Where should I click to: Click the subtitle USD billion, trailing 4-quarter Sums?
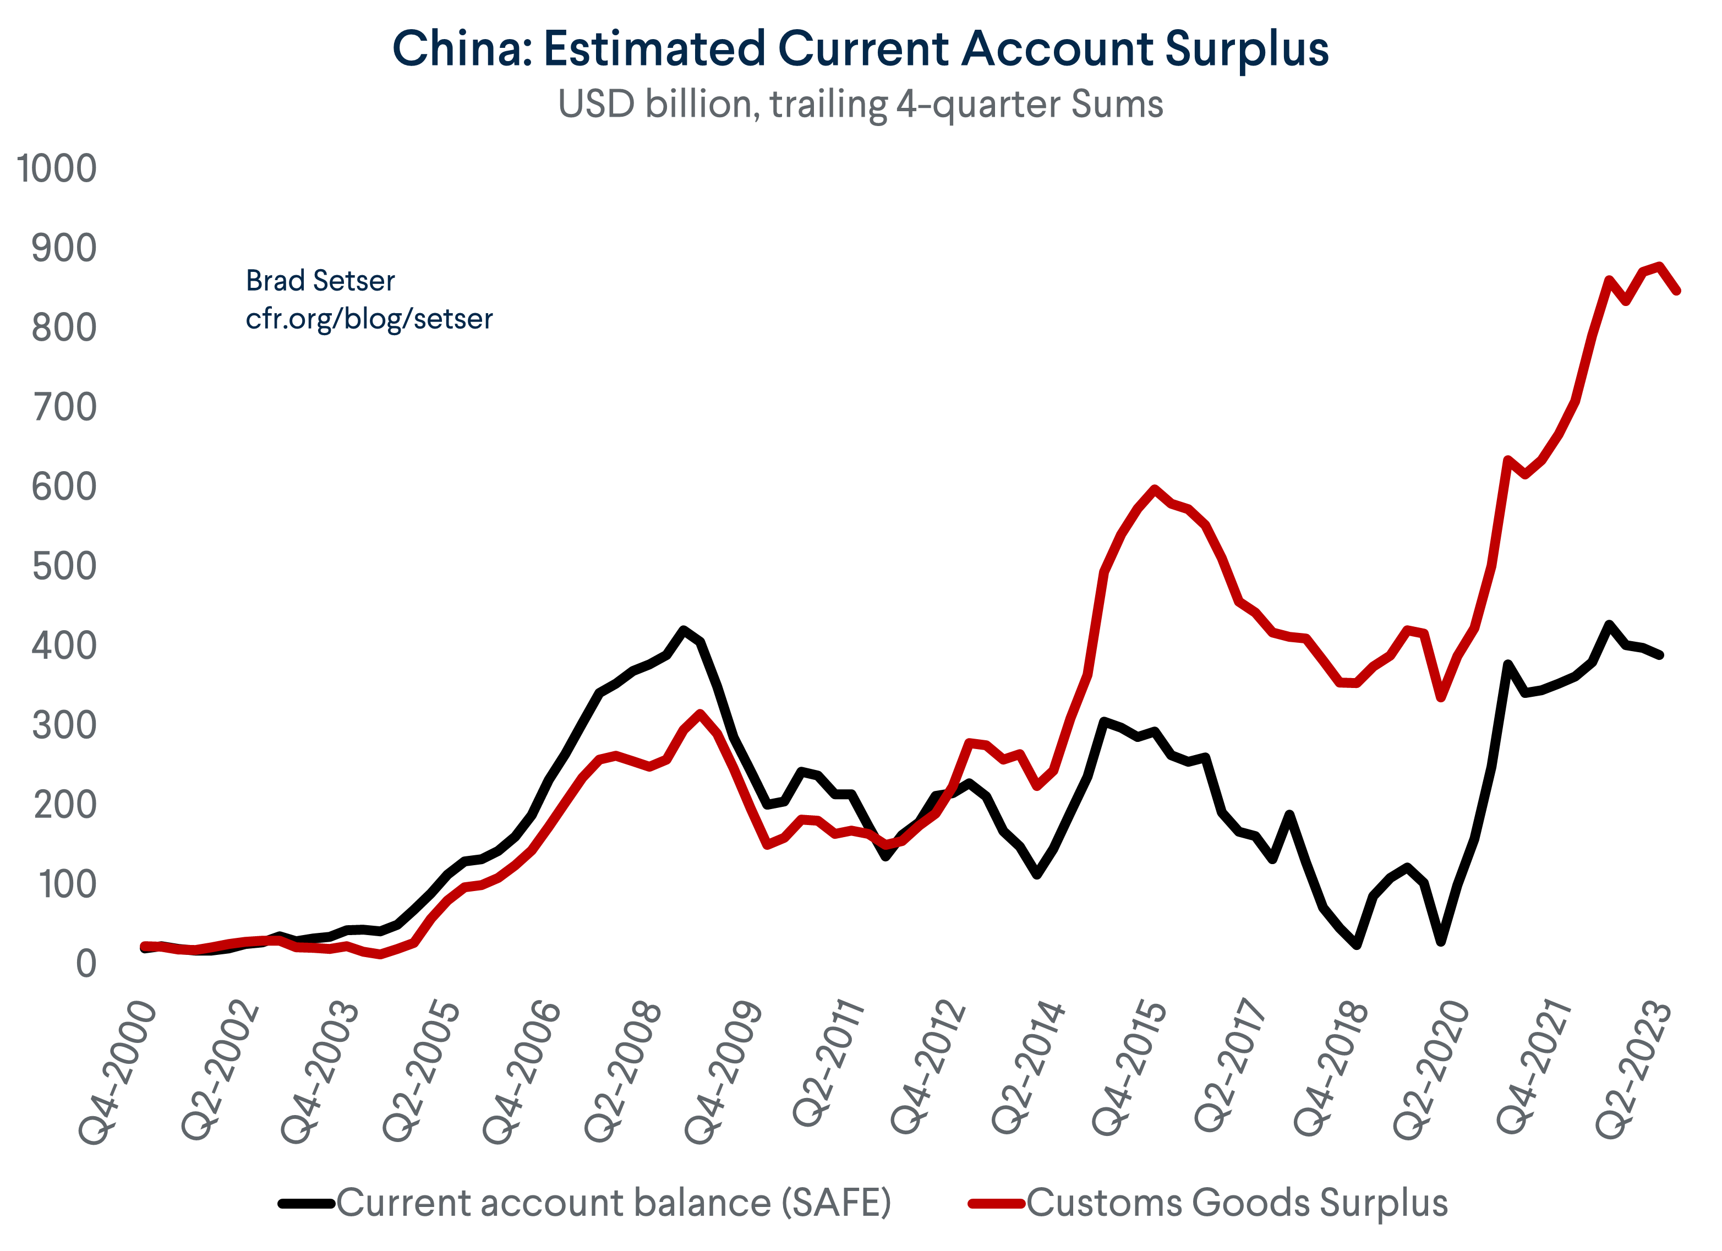tap(860, 104)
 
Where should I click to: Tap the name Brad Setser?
tap(320, 281)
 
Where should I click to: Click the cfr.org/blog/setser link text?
tap(369, 319)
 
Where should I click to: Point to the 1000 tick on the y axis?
tap(56, 168)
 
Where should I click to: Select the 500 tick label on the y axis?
tap(64, 566)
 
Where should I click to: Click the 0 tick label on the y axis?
tap(86, 964)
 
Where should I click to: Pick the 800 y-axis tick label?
tap(64, 328)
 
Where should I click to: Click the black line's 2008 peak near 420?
tap(684, 629)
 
